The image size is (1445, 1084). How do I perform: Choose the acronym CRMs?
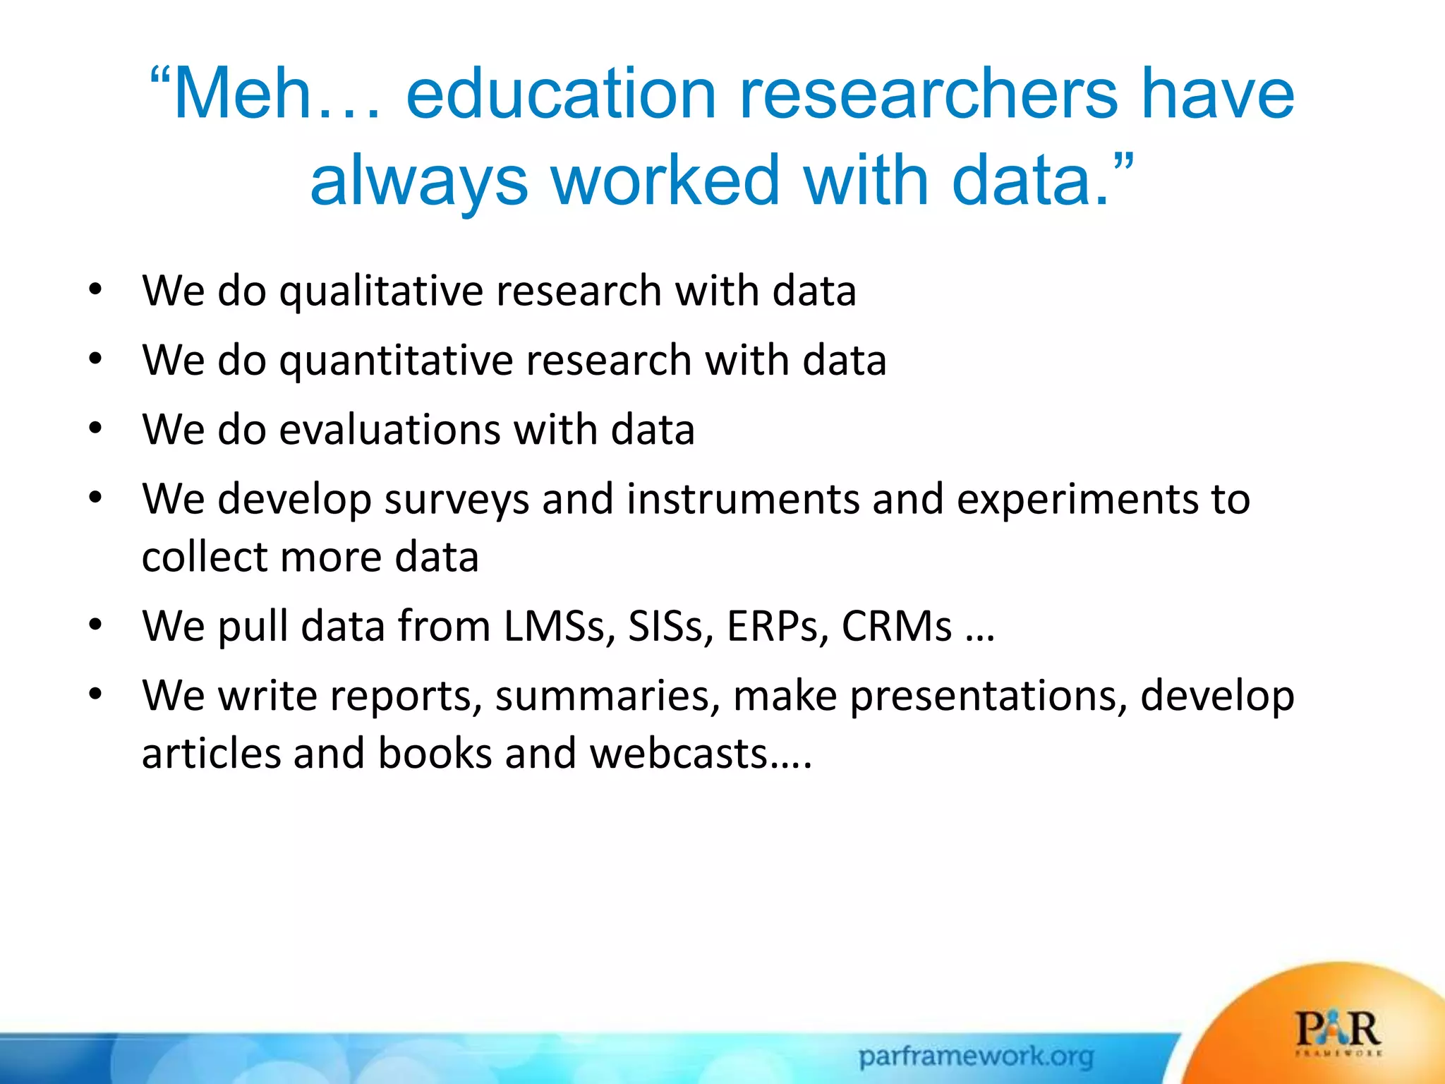[x=897, y=626]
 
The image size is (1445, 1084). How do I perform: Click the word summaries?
[x=607, y=696]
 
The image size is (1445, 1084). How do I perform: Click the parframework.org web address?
[x=976, y=1056]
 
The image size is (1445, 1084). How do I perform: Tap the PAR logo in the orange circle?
[x=1338, y=1032]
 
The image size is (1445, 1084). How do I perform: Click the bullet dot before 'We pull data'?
[x=95, y=625]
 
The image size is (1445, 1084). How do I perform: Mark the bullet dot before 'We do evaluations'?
[x=95, y=428]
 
